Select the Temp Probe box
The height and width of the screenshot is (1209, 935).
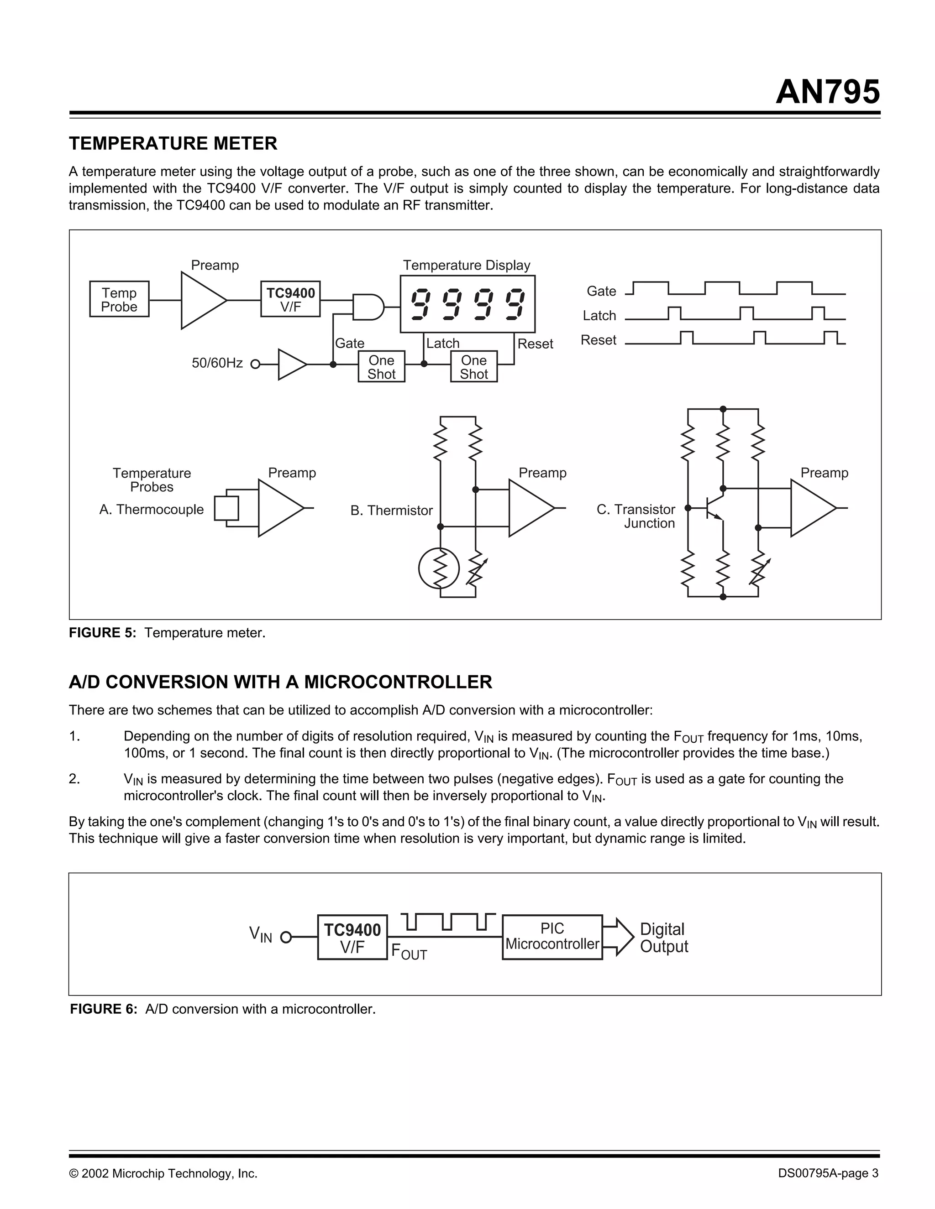[119, 299]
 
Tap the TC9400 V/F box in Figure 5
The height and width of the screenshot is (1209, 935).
[290, 299]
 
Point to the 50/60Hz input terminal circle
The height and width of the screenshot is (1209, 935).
[255, 364]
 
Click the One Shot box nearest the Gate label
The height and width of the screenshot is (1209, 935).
[381, 367]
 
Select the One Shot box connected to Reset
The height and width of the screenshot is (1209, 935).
[473, 367]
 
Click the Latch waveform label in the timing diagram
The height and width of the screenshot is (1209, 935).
[599, 316]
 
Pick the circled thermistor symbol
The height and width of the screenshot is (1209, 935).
[439, 568]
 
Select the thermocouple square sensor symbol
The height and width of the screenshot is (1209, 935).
[226, 508]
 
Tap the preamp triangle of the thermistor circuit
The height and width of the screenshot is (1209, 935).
[529, 508]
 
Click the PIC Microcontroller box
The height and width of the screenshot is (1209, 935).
[552, 937]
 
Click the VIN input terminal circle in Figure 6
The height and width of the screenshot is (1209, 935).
[286, 938]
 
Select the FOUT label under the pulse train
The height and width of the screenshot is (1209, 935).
[409, 952]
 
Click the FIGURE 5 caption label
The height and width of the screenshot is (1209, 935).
[102, 633]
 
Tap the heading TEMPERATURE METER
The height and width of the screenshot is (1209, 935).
[173, 143]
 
